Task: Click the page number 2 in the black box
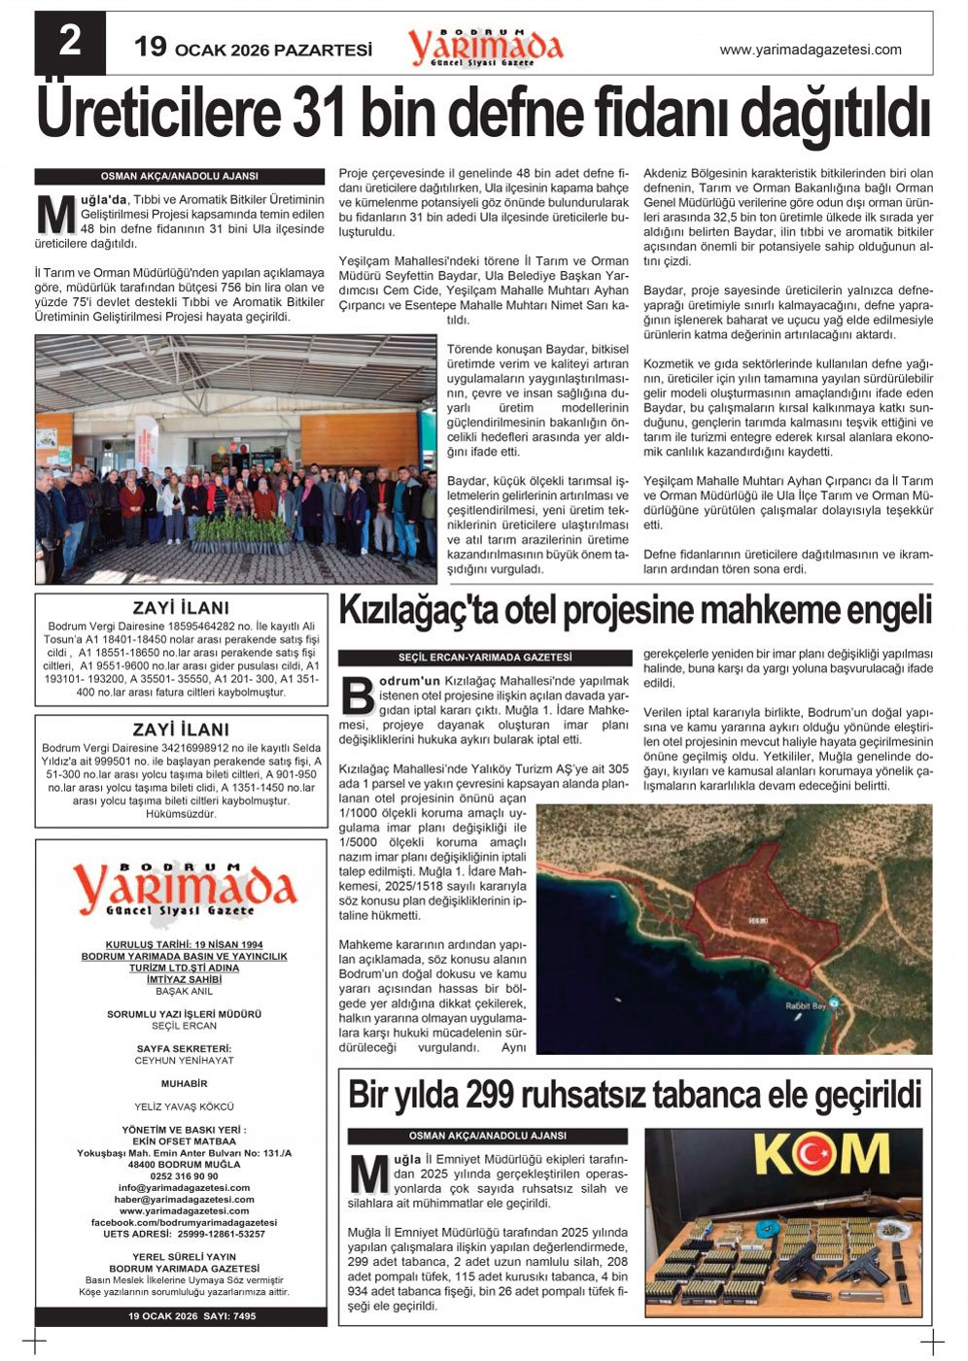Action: [x=70, y=41]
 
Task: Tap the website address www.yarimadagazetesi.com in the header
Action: [x=810, y=50]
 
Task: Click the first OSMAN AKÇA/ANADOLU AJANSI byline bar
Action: [x=180, y=177]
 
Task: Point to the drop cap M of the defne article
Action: [x=55, y=217]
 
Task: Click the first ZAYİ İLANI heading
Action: [x=181, y=608]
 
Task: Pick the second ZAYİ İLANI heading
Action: [x=181, y=730]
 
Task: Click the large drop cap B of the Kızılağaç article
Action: [x=359, y=696]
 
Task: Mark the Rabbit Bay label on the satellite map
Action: [x=806, y=1006]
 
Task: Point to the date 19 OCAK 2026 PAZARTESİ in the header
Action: [x=253, y=49]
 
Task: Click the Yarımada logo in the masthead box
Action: [x=182, y=888]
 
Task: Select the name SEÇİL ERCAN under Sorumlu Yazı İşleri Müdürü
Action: [x=184, y=1026]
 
